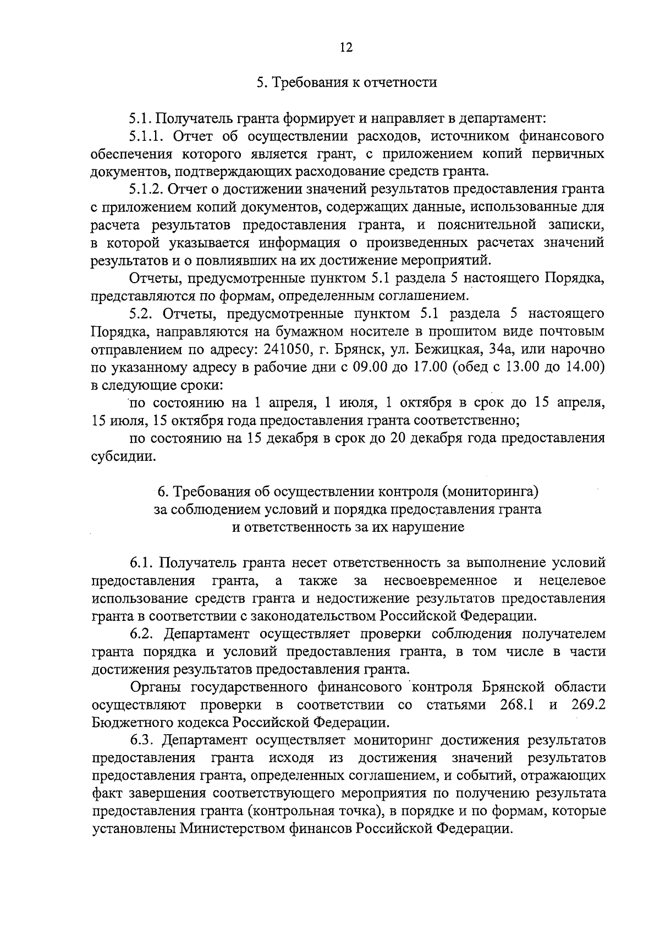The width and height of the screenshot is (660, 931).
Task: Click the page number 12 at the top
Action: tap(346, 47)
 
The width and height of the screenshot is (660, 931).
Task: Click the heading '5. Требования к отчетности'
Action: tap(346, 83)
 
